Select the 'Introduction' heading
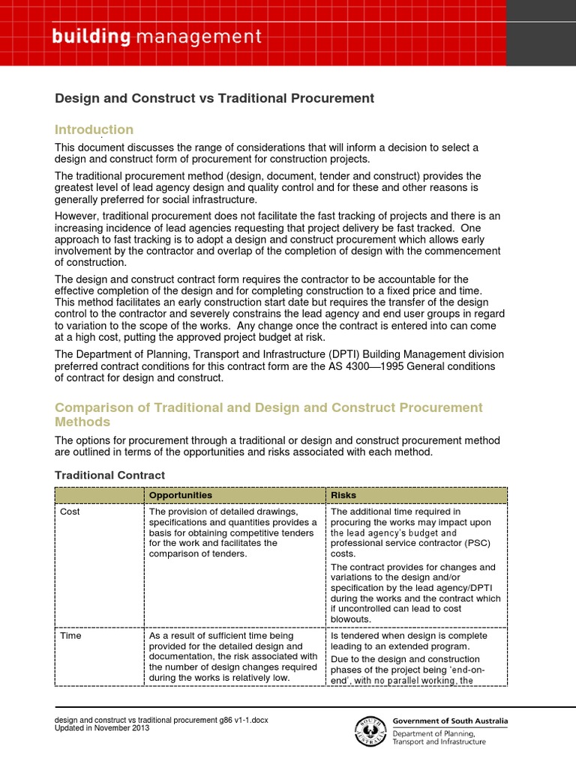[x=94, y=130]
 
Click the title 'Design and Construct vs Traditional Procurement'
[x=214, y=98]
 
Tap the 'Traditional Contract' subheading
[x=109, y=475]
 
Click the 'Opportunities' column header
[x=180, y=495]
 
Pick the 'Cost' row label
[x=71, y=512]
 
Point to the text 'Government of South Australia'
[x=450, y=721]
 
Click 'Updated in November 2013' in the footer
[x=102, y=728]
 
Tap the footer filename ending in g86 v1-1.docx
[x=161, y=720]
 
